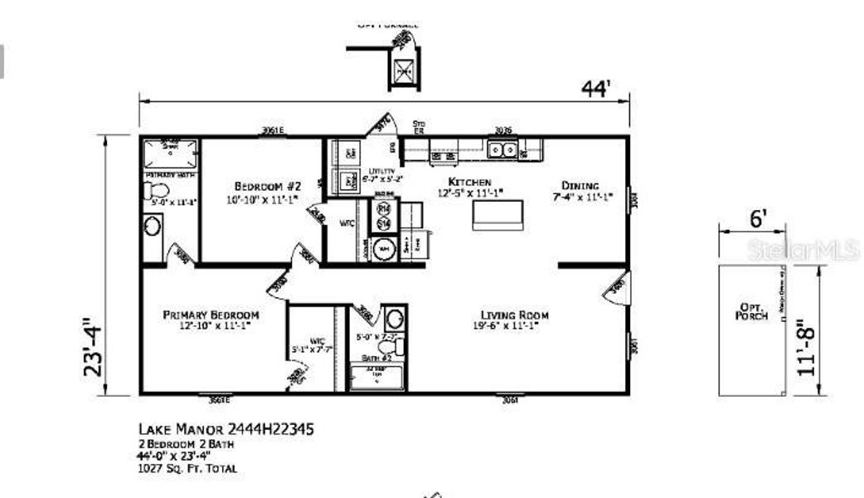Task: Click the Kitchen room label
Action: tap(470, 182)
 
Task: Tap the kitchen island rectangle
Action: tap(498, 215)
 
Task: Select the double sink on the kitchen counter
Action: tap(502, 149)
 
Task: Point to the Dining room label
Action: tap(580, 185)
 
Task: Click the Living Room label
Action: tap(514, 315)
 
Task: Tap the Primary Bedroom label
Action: tap(211, 315)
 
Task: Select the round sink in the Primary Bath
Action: tap(153, 225)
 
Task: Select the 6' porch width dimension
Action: tap(758, 219)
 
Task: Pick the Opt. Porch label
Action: tap(752, 311)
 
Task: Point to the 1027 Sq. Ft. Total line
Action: tap(187, 469)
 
